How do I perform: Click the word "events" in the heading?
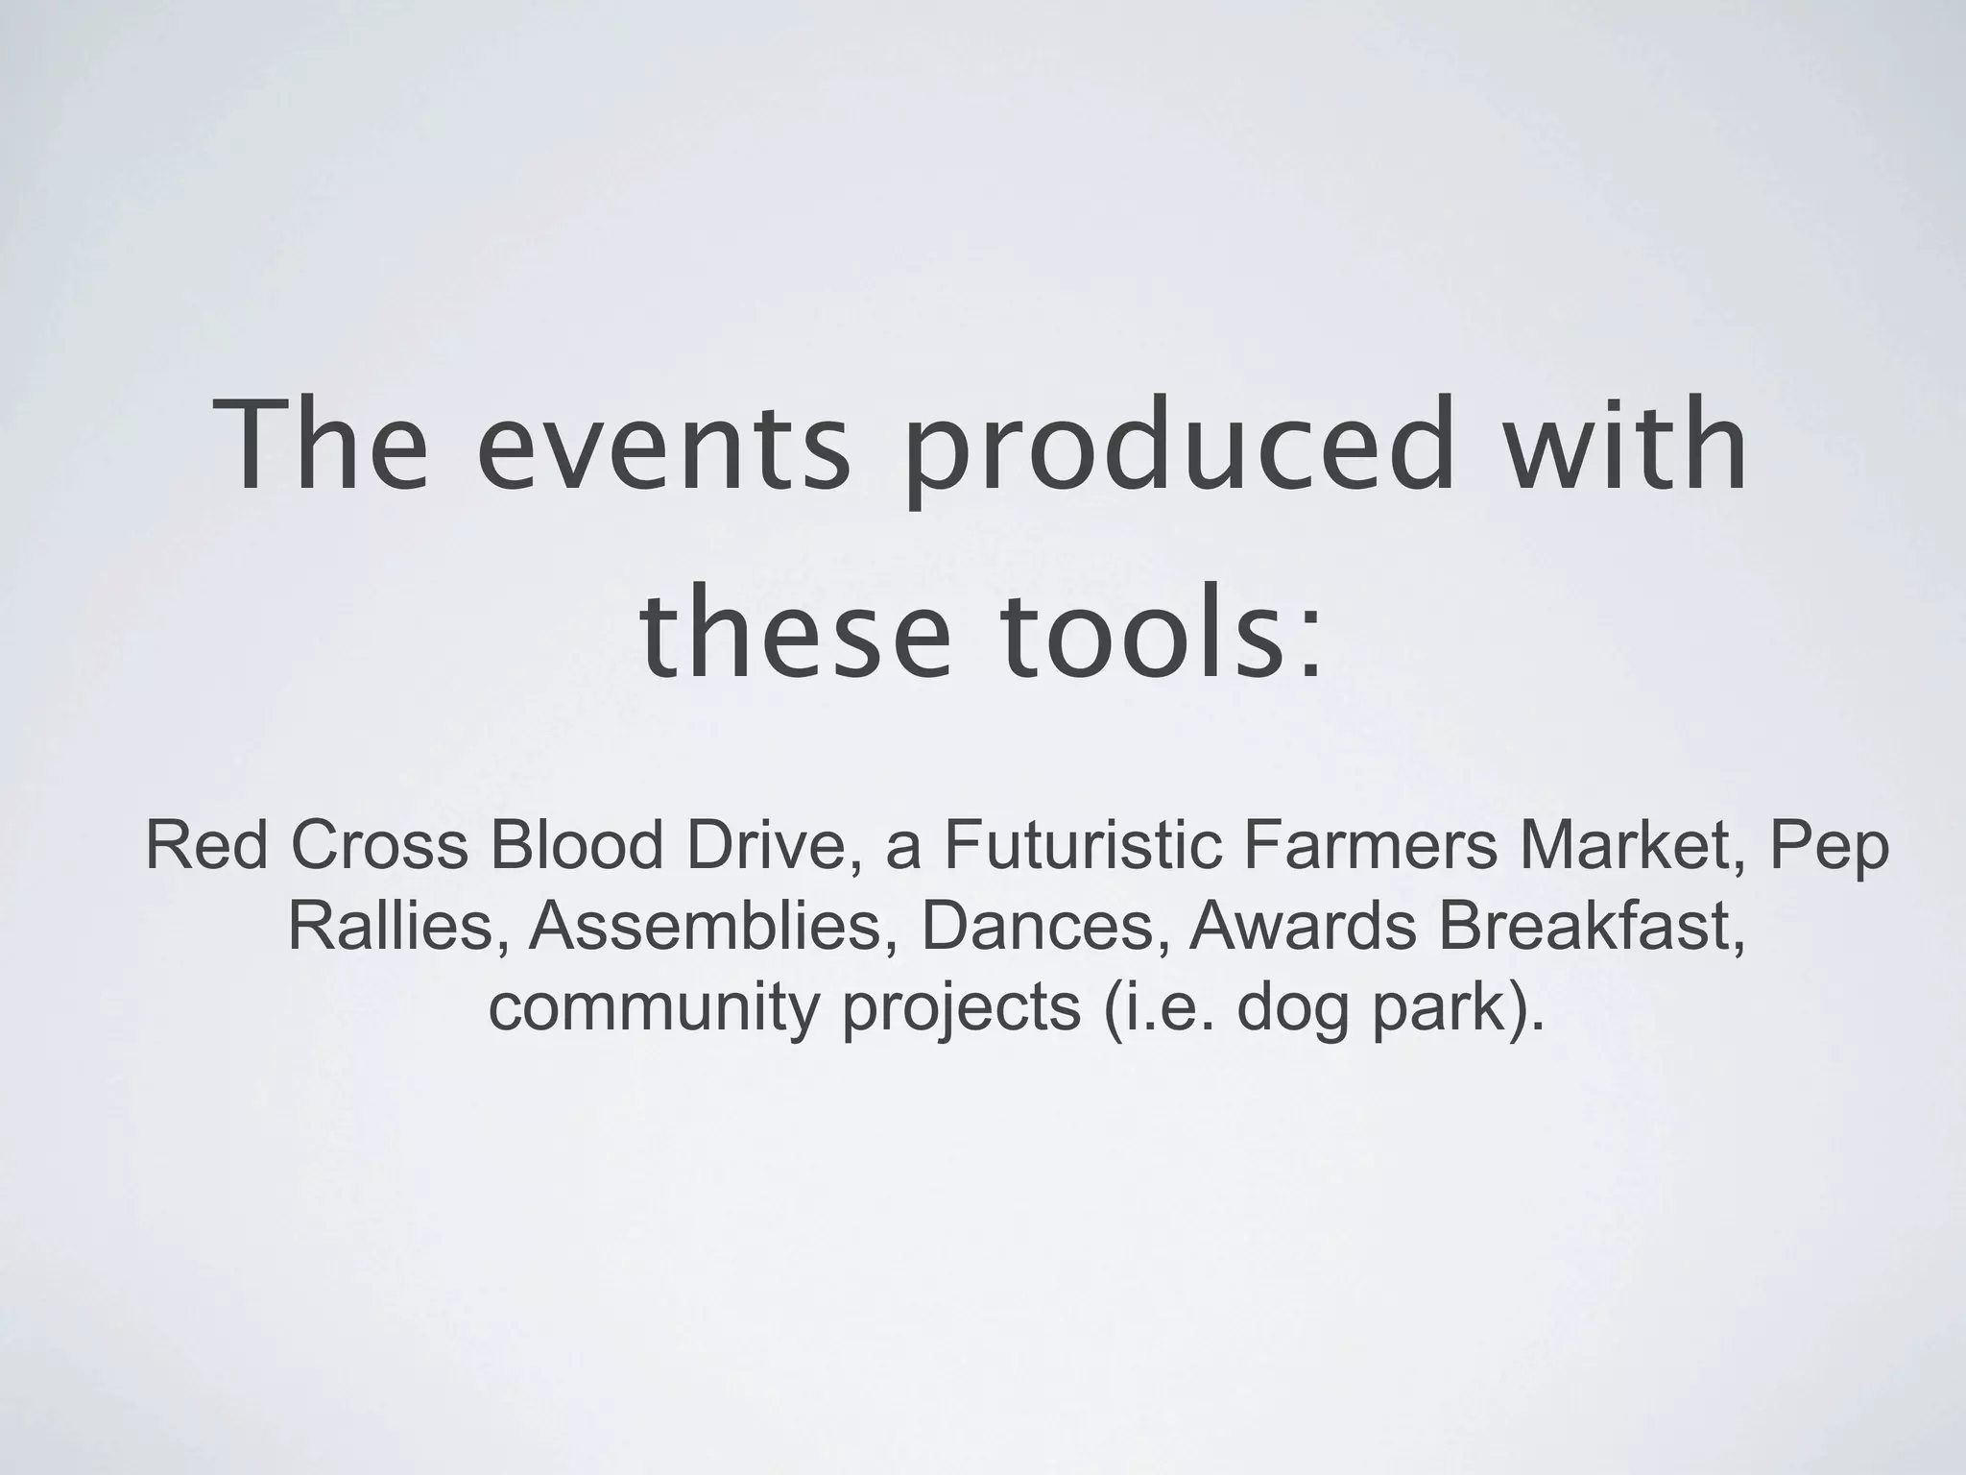[x=663, y=446]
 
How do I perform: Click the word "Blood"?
[x=575, y=846]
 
